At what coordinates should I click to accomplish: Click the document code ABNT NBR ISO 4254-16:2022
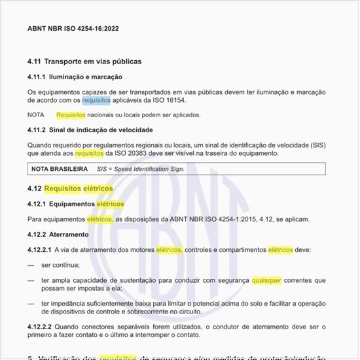tap(73, 29)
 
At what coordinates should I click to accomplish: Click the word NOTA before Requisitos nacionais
tap(35, 115)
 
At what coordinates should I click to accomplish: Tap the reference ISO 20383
tap(130, 153)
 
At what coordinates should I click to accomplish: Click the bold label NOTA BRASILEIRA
tap(60, 169)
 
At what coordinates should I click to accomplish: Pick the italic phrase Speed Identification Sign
tap(151, 169)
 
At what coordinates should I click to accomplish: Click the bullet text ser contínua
tap(60, 265)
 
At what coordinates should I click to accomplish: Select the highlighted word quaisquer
tap(266, 280)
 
